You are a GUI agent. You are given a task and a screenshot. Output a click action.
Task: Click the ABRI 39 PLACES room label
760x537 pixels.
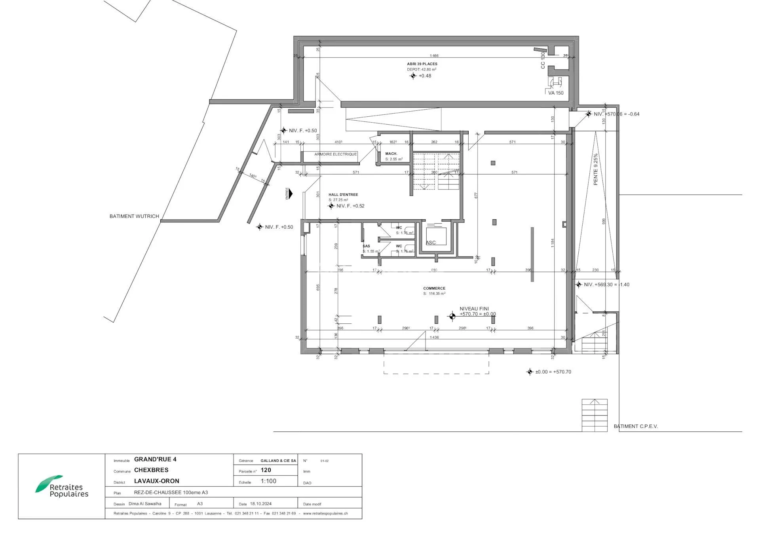(x=422, y=64)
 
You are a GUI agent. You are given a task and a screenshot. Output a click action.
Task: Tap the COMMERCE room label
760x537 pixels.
(x=434, y=288)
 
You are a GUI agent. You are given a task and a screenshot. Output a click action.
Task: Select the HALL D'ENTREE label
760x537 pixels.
(x=343, y=195)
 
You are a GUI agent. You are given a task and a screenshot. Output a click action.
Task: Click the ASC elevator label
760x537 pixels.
(x=431, y=243)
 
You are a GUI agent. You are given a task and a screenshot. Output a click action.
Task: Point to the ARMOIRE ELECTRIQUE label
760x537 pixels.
(x=335, y=154)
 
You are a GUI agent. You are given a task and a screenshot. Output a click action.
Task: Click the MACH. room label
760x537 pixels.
(x=391, y=154)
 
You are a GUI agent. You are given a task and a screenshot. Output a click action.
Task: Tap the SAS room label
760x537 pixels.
(x=366, y=246)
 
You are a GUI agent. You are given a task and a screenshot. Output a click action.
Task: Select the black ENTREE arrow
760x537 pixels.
(x=291, y=194)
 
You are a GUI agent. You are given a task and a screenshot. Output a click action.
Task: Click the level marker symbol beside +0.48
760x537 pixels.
(x=413, y=76)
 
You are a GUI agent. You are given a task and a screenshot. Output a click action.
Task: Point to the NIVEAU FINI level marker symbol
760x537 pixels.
(x=452, y=316)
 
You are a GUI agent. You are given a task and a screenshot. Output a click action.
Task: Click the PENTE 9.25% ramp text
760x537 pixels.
(x=595, y=169)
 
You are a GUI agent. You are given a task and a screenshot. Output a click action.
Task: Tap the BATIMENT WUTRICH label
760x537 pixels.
(x=134, y=216)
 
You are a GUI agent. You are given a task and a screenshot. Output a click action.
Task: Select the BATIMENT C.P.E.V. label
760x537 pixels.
(x=636, y=426)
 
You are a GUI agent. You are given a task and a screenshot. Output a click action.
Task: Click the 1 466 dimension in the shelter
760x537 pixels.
(x=434, y=56)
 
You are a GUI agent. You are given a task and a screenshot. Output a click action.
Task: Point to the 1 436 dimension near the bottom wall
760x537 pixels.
(x=434, y=338)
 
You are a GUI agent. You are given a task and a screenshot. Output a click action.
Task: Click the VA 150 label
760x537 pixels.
(x=556, y=93)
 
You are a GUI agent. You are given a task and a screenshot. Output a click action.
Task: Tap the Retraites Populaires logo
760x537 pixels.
(x=62, y=487)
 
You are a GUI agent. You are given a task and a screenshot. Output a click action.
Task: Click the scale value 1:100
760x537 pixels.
(x=268, y=481)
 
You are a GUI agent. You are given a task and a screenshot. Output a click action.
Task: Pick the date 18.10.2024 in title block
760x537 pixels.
(x=261, y=504)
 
